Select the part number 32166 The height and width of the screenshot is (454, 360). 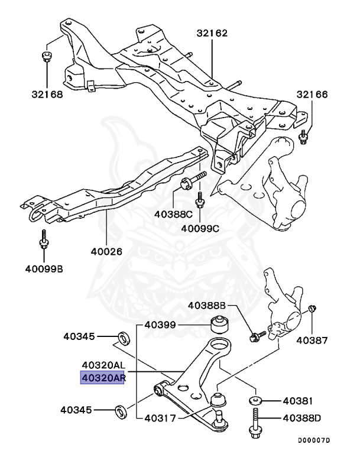312,95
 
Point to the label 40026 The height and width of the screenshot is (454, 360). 106,251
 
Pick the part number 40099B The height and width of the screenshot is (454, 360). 44,270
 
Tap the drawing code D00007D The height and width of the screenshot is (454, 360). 314,440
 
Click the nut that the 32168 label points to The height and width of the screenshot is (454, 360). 46,57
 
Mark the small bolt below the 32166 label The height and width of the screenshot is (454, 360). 304,138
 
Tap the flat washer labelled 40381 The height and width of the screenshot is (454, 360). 255,401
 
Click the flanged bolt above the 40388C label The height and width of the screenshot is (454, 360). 192,180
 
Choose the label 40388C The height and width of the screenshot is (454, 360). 174,214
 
